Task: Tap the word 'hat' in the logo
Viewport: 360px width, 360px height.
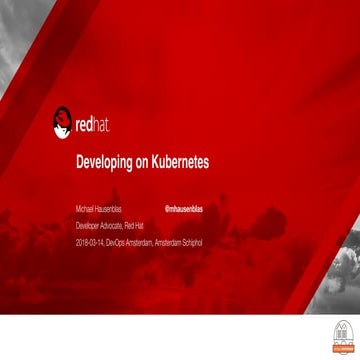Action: point(101,126)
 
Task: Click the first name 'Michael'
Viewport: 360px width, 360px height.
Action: point(84,210)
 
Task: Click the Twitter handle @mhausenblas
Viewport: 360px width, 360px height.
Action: point(183,210)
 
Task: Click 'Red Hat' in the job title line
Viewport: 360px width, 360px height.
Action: point(133,226)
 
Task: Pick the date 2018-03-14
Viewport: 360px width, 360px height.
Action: point(89,242)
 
